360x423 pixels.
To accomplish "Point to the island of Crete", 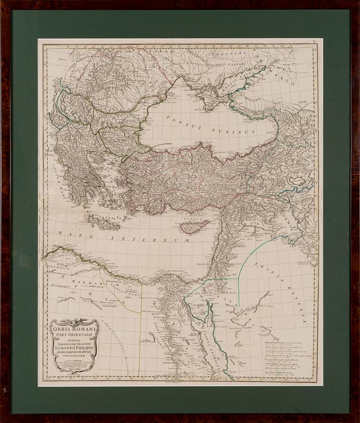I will pyautogui.click(x=103, y=221).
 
